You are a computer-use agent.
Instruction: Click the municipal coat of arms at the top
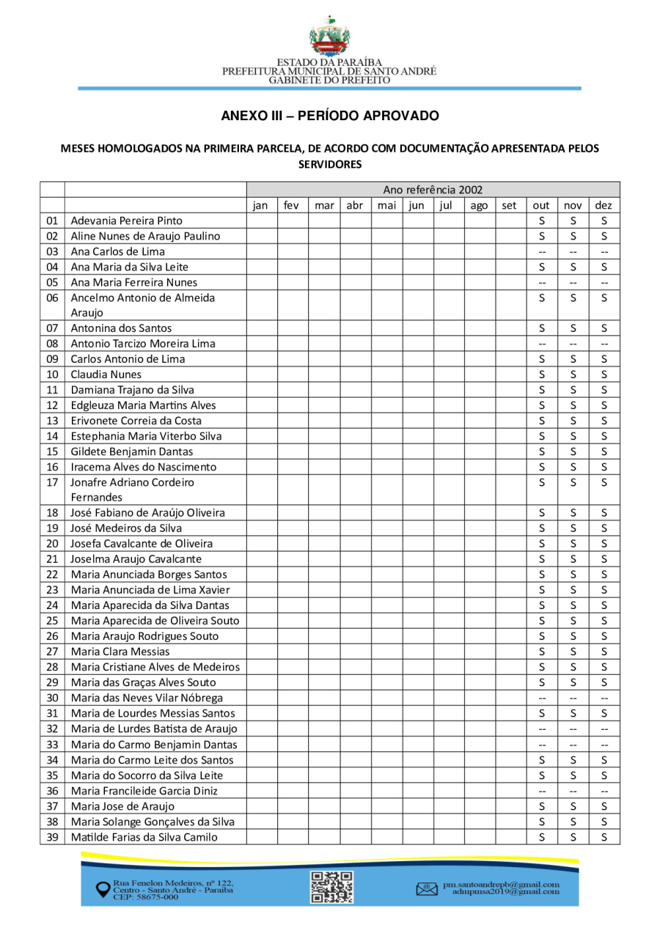click(x=329, y=37)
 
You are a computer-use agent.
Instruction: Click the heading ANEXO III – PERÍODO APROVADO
click(x=330, y=116)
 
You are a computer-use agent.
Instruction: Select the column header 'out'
click(x=541, y=205)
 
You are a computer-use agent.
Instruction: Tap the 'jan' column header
click(x=260, y=205)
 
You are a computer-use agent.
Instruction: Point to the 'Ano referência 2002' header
click(x=433, y=190)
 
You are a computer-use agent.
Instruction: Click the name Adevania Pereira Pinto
click(x=126, y=221)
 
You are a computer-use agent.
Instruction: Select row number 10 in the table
click(x=52, y=375)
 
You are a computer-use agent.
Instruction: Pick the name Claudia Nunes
click(x=106, y=375)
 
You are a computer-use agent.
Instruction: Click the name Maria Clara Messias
click(x=120, y=652)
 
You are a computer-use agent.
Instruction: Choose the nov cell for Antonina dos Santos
click(x=573, y=328)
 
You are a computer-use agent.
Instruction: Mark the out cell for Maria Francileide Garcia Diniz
click(x=541, y=791)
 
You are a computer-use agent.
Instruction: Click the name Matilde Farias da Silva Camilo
click(x=144, y=837)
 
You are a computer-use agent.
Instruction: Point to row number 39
click(x=52, y=837)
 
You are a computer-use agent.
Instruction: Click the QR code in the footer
click(x=332, y=887)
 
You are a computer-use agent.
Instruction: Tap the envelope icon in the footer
click(x=426, y=889)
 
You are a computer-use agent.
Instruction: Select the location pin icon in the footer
click(x=103, y=889)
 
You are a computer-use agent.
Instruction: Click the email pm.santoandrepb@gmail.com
click(x=501, y=885)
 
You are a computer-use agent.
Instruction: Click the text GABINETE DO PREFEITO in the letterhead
click(x=329, y=79)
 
